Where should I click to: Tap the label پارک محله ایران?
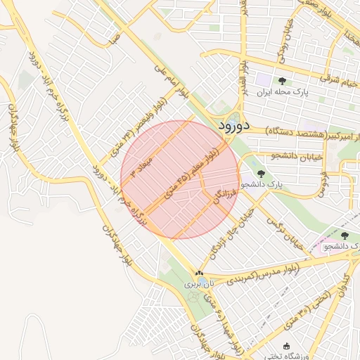283,92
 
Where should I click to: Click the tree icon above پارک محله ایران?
283,81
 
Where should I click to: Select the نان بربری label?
198,285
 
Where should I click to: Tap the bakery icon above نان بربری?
199,274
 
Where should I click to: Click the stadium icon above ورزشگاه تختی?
286,346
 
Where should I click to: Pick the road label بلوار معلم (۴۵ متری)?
191,172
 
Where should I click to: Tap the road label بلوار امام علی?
173,84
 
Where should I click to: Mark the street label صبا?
114,38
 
